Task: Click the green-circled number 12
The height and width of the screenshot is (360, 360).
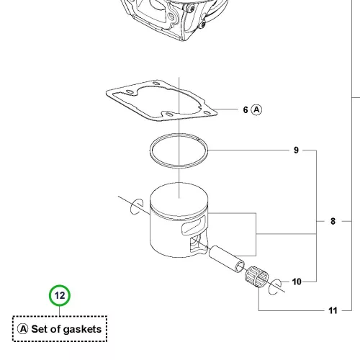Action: click(x=60, y=295)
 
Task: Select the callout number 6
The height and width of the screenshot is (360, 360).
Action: click(x=246, y=110)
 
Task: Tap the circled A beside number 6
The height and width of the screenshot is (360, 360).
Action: click(x=256, y=110)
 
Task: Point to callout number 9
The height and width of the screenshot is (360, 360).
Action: click(x=296, y=150)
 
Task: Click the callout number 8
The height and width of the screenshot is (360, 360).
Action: click(x=333, y=221)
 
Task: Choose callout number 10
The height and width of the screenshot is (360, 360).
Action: click(x=297, y=282)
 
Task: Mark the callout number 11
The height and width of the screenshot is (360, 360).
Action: click(x=333, y=310)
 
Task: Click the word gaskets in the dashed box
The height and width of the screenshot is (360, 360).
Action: click(x=82, y=330)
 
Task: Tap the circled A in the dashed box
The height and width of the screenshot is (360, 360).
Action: click(x=23, y=329)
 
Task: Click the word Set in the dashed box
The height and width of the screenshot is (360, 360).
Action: click(x=40, y=329)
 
